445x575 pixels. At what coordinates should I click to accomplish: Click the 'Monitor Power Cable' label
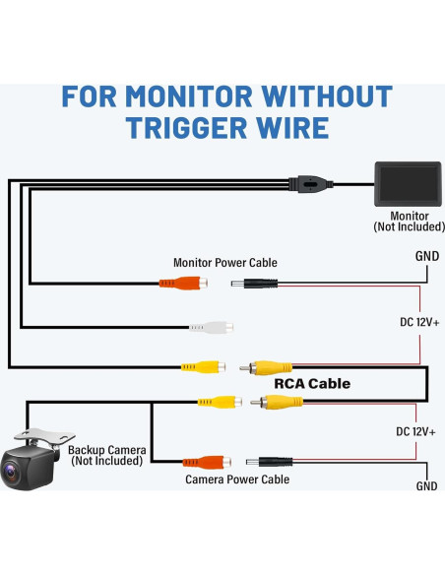tap(225, 263)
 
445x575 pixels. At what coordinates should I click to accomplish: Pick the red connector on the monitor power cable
tap(182, 284)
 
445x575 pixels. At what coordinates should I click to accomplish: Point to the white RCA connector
tap(208, 327)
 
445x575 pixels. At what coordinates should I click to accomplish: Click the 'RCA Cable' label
tap(311, 384)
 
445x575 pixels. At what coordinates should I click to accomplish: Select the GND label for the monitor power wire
tap(426, 257)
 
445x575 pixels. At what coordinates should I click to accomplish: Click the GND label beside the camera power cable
tap(426, 486)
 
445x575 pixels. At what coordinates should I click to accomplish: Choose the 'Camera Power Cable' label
tap(237, 479)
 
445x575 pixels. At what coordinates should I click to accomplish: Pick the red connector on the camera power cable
tap(203, 461)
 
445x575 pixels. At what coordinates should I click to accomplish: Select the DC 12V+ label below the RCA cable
tap(414, 432)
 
